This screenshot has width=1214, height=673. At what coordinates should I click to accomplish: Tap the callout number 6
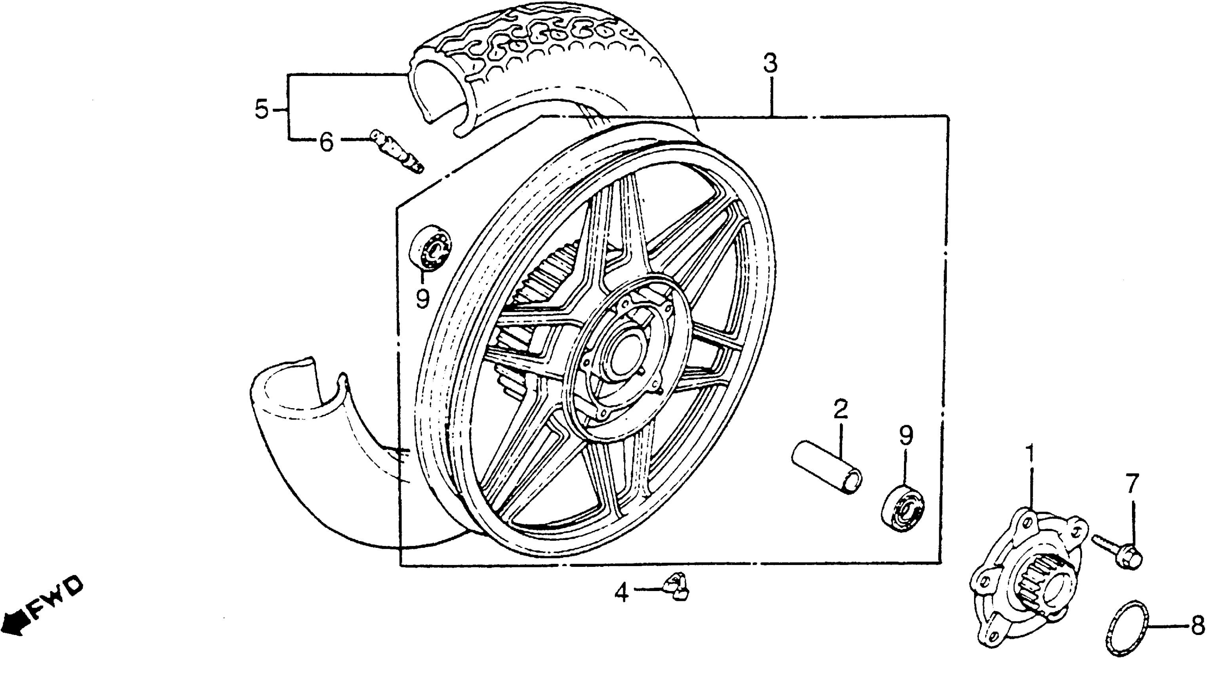click(326, 141)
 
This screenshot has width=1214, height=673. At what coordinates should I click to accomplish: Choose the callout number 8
click(1197, 626)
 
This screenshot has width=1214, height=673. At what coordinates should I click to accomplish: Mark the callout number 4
click(622, 592)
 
